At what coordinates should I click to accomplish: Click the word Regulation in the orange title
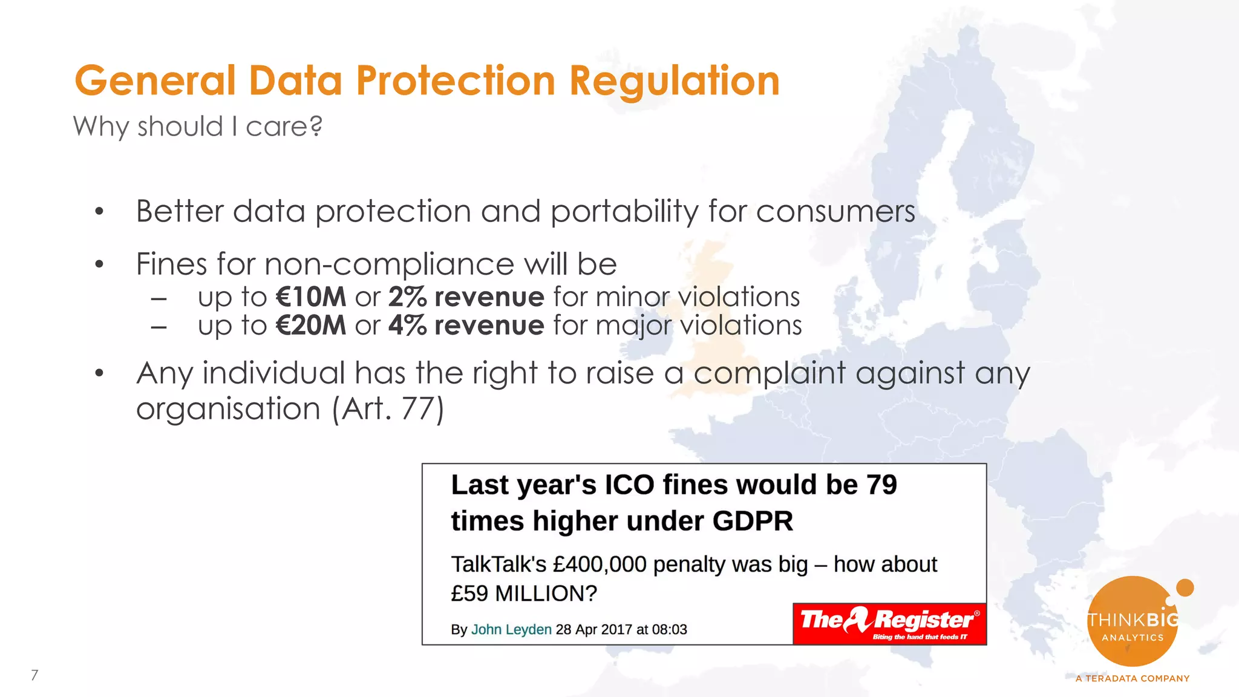[x=674, y=81]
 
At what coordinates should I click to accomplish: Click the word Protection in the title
[x=455, y=81]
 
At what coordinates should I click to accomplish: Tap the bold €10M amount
[x=311, y=297]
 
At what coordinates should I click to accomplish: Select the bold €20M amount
[x=311, y=326]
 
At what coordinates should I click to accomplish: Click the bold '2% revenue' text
[x=466, y=297]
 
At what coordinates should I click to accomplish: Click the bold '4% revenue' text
[x=466, y=326]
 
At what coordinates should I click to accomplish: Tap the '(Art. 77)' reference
[x=388, y=408]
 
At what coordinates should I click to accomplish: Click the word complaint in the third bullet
[x=769, y=373]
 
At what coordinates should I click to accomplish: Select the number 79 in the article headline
[x=881, y=485]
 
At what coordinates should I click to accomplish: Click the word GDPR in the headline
[x=753, y=521]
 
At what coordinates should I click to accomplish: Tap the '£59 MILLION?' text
[x=524, y=594]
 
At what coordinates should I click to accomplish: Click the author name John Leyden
[x=511, y=629]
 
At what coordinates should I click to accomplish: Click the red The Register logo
[x=889, y=623]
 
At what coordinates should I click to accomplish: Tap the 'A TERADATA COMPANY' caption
[x=1133, y=678]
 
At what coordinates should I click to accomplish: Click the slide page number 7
[x=34, y=675]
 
